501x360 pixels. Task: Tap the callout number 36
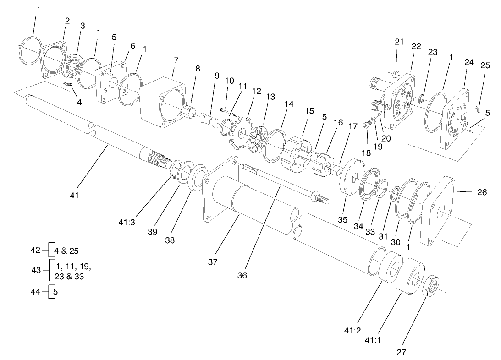click(242, 275)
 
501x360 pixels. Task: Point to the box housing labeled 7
click(163, 101)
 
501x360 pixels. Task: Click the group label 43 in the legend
click(36, 271)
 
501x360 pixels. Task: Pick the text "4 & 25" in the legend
click(67, 251)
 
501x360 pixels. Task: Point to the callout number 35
click(342, 219)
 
